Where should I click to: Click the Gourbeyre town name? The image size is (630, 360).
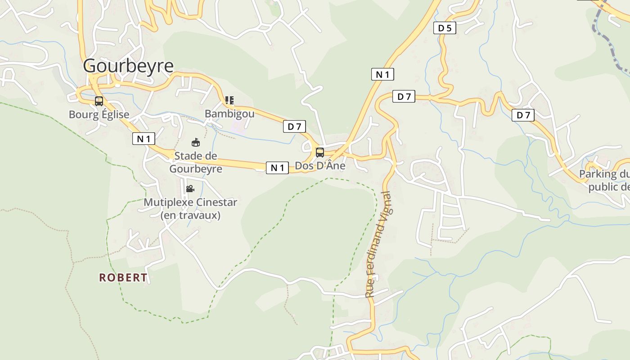pyautogui.click(x=128, y=66)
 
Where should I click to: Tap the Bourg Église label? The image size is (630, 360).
pyautogui.click(x=99, y=114)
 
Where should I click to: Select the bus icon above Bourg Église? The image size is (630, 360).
pyautogui.click(x=99, y=101)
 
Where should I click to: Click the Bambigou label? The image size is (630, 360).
pyautogui.click(x=229, y=114)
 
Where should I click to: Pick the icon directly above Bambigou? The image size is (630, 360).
pyautogui.click(x=229, y=100)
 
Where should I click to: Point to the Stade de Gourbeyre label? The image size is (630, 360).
pyautogui.click(x=196, y=162)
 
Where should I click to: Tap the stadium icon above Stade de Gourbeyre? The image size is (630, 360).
pyautogui.click(x=196, y=143)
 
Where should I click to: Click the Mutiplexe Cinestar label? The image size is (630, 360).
pyautogui.click(x=190, y=208)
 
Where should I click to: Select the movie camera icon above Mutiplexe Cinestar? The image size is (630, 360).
pyautogui.click(x=190, y=189)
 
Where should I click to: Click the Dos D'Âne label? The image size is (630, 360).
pyautogui.click(x=320, y=166)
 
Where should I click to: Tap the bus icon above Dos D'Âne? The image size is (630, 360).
pyautogui.click(x=320, y=152)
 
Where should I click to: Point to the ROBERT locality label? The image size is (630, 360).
pyautogui.click(x=123, y=278)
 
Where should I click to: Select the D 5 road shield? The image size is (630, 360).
pyautogui.click(x=445, y=28)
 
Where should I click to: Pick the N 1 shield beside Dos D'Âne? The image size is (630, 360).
pyautogui.click(x=277, y=168)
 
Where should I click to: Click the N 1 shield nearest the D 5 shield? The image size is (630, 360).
pyautogui.click(x=382, y=74)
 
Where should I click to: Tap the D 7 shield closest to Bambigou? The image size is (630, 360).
pyautogui.click(x=294, y=127)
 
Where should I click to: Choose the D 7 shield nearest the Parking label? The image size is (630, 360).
pyautogui.click(x=523, y=115)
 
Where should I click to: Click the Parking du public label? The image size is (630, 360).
pyautogui.click(x=604, y=180)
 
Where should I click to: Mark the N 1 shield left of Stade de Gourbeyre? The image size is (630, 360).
pyautogui.click(x=144, y=139)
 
